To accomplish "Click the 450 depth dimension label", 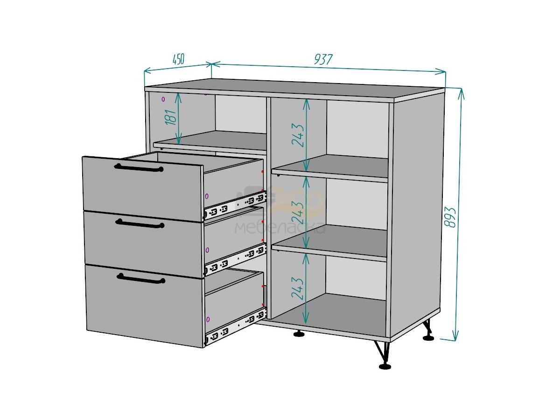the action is pos(178,59).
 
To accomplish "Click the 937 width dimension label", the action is pos(323,59).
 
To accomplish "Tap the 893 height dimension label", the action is pos(450,217).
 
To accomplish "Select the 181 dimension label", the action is pos(171,117).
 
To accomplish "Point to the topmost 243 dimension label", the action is pos(298,135).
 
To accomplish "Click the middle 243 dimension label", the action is pos(298,212).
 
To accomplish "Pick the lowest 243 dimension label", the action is pos(297,288).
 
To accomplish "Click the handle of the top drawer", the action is pos(139,168).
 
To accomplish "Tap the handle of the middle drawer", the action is pos(140,224).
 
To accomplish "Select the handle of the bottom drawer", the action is pos(141,279).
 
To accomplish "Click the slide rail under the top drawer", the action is pos(235,205).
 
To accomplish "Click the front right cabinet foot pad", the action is pos(385,367).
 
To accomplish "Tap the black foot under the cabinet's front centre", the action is pos(299,334).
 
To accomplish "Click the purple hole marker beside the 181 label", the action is pos(163,99).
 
